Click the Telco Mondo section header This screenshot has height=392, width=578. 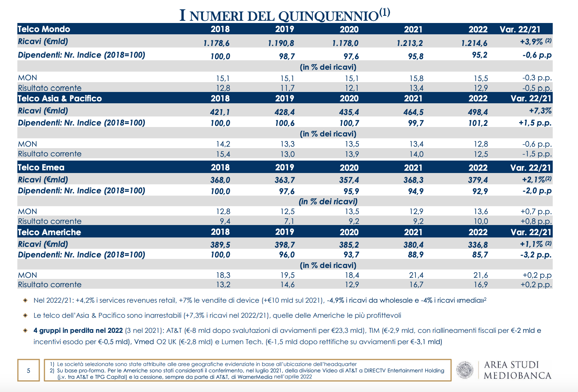tap(44, 29)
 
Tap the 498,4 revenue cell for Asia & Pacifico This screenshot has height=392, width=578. tap(478, 112)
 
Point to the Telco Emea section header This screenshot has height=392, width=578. tap(41, 168)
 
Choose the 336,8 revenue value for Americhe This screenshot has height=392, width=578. tap(478, 245)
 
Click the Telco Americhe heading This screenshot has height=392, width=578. tap(49, 232)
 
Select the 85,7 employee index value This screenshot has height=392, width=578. tap(480, 255)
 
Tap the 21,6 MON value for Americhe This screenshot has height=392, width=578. tap(480, 276)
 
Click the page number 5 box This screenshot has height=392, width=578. tap(29, 371)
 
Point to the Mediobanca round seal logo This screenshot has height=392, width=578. tap(465, 370)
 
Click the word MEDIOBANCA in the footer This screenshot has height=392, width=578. tap(517, 376)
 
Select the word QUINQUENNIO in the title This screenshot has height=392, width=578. tap(328, 16)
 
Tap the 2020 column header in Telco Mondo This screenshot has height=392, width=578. tap(349, 29)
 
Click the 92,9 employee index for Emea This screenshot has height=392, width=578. tap(480, 191)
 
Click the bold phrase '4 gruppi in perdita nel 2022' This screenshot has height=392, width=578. tap(78, 331)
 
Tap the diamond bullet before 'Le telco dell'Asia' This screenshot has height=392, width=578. tap(25, 315)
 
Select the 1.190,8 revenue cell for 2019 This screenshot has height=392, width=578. tap(281, 43)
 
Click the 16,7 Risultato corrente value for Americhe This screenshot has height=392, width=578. tap(416, 285)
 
